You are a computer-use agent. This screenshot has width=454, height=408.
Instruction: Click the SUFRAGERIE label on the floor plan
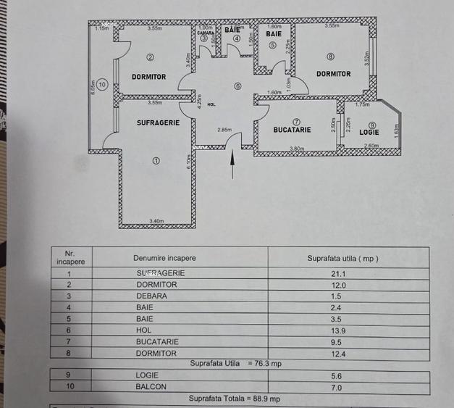[x=153, y=124]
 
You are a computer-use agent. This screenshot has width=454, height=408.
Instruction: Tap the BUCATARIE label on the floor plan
[x=292, y=130]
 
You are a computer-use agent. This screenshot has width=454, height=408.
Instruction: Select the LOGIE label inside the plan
[x=370, y=132]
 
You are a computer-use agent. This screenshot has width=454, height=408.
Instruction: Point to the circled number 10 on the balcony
[x=103, y=85]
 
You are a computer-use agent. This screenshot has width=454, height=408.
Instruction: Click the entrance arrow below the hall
[x=232, y=165]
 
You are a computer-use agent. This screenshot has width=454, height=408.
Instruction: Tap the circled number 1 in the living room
[x=156, y=160]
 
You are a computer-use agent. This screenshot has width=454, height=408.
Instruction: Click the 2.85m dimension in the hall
[x=224, y=130]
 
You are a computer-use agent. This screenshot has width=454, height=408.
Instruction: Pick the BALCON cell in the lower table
[x=151, y=387]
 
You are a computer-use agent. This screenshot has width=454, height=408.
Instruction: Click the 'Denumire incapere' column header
[x=164, y=258]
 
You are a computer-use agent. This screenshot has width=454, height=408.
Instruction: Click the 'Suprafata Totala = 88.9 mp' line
[x=234, y=399]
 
